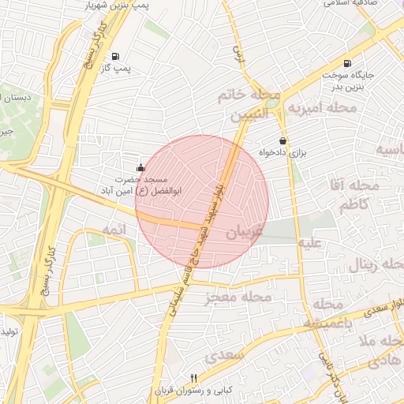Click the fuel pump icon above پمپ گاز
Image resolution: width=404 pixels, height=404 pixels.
tap(116, 56)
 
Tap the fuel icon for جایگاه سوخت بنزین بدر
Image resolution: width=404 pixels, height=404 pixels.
tap(347, 64)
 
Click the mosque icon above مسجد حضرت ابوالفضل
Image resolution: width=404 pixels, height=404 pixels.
tap(140, 166)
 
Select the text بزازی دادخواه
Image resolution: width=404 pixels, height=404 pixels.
tap(282, 152)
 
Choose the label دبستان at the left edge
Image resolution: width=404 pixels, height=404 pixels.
tap(17, 97)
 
